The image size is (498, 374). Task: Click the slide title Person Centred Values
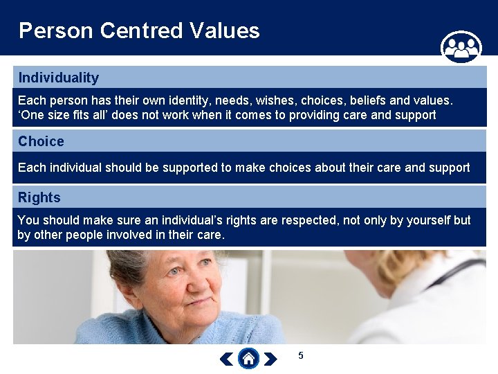pyautogui.click(x=139, y=30)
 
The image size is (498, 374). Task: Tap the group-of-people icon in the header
pyautogui.click(x=461, y=47)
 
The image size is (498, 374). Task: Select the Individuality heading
pyautogui.click(x=59, y=78)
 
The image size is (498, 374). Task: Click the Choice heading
pyautogui.click(x=41, y=141)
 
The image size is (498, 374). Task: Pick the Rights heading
pyautogui.click(x=39, y=197)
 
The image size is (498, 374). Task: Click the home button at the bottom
pyautogui.click(x=249, y=358)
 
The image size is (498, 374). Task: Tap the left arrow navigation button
pyautogui.click(x=226, y=359)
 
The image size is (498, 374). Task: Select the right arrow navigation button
pyautogui.click(x=271, y=359)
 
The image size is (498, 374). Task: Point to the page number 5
pyautogui.click(x=301, y=355)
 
